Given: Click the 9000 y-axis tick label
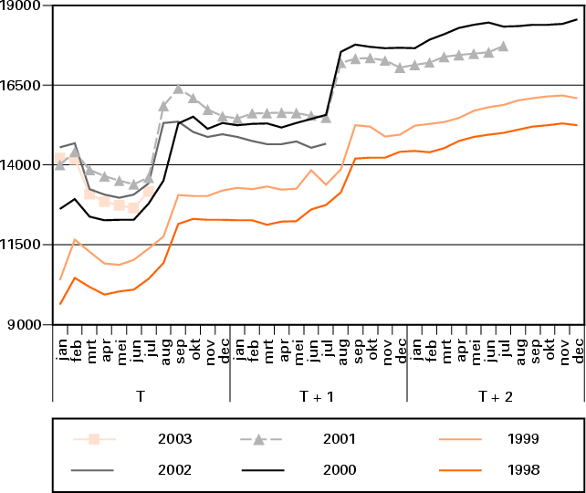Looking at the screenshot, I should (x=26, y=325).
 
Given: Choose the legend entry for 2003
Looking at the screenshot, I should (x=173, y=439).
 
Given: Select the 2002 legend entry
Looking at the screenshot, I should (x=173, y=470).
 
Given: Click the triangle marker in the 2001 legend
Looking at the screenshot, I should (x=259, y=440).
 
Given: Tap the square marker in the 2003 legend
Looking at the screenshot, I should (x=94, y=439).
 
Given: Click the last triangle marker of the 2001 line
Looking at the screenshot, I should (x=503, y=46).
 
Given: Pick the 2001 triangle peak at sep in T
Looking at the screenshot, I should (x=178, y=89).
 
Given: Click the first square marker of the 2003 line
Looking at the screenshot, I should (x=60, y=159).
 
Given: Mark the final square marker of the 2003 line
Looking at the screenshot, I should (x=149, y=190).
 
